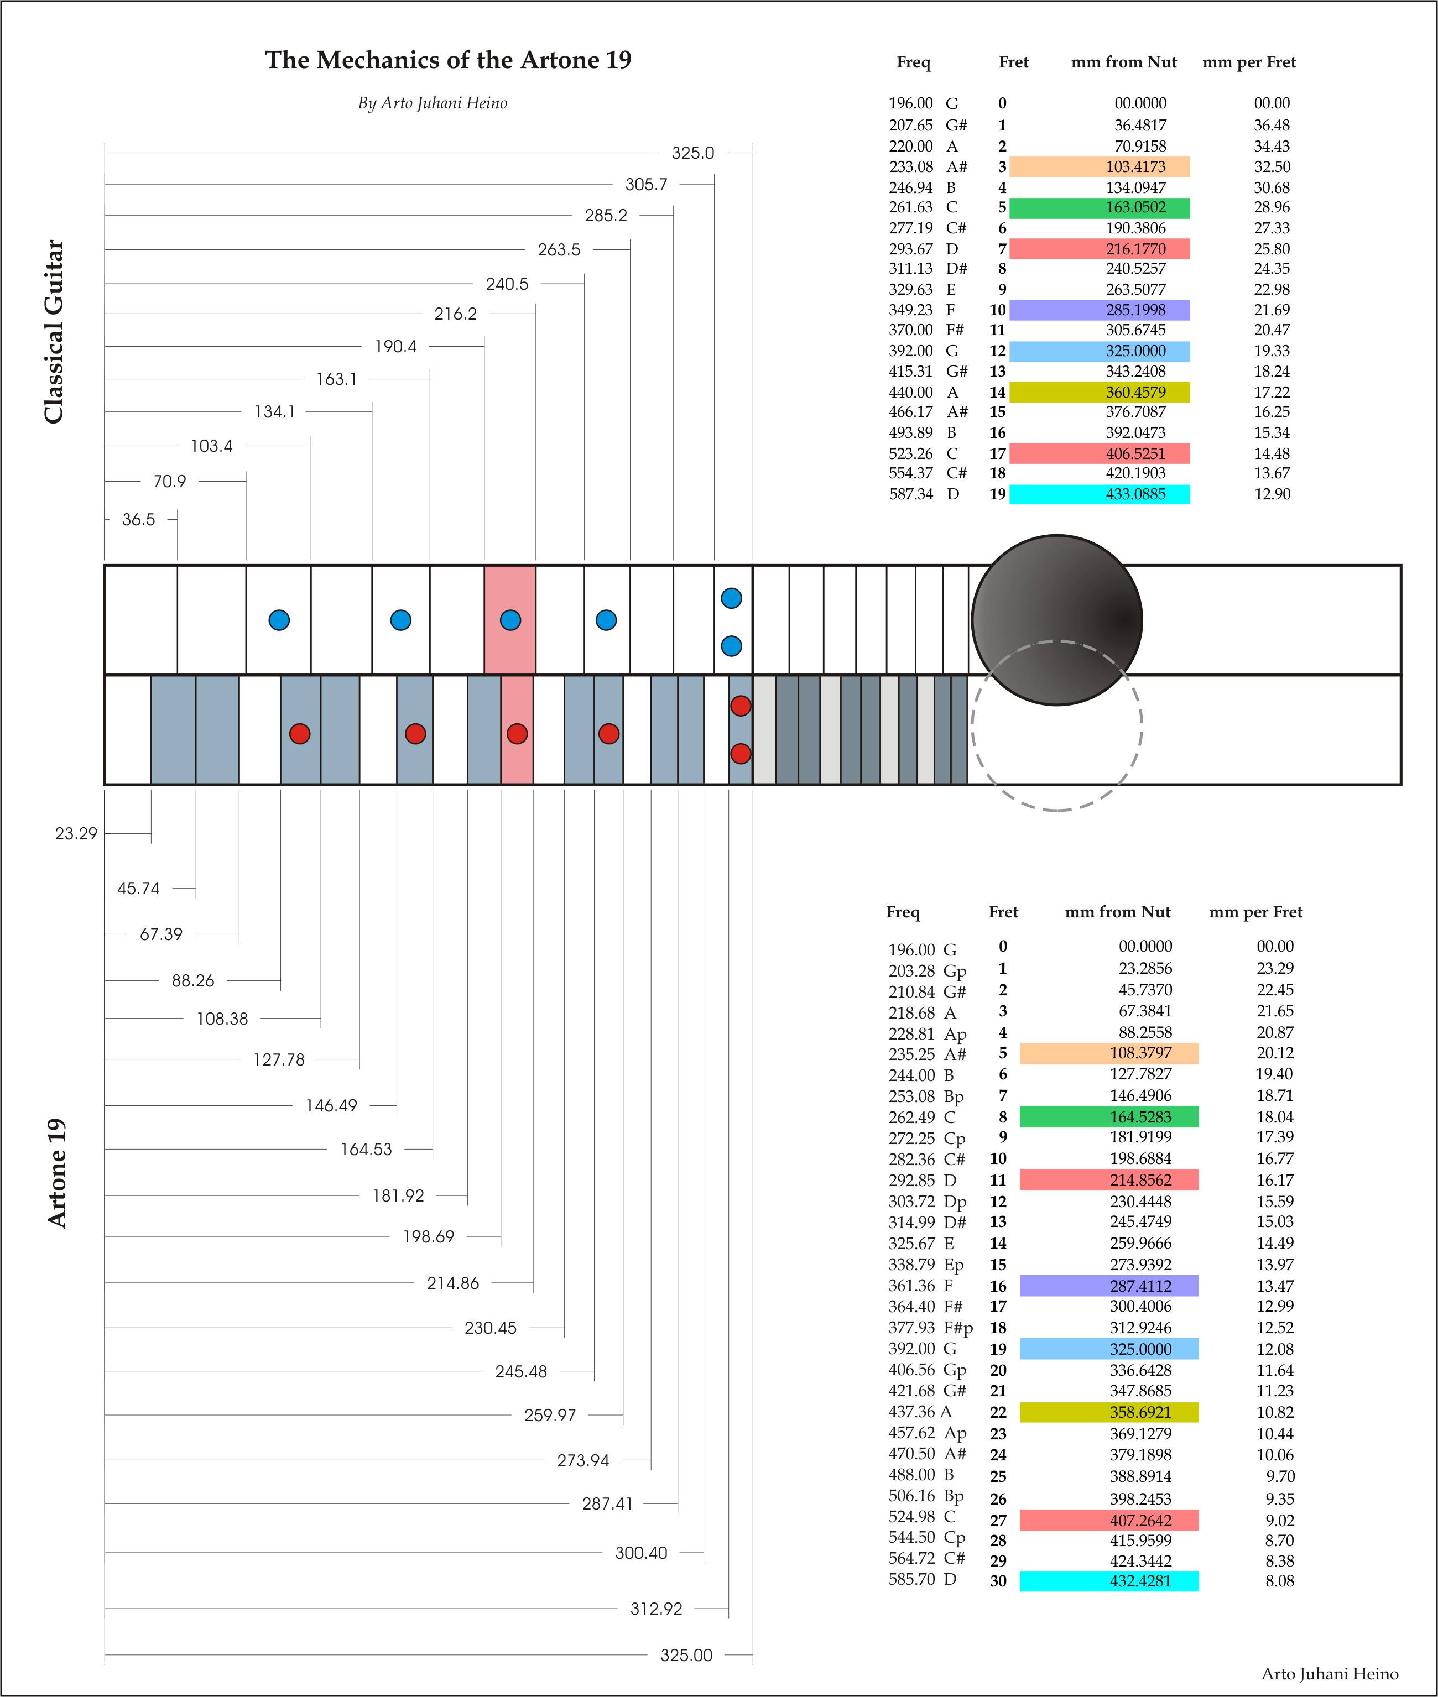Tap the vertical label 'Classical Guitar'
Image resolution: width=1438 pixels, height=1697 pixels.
click(54, 331)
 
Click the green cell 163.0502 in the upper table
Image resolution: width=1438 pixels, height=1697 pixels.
click(1099, 208)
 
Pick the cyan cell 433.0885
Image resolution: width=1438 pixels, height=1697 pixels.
click(1099, 494)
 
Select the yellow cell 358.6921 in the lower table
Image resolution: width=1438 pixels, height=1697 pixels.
click(1109, 1412)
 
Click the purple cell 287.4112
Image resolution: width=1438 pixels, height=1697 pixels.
click(1109, 1286)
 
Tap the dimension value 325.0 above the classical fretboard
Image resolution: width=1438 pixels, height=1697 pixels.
click(692, 153)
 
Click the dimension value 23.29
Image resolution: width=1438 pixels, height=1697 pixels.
click(76, 833)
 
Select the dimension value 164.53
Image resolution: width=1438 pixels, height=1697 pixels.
click(366, 1149)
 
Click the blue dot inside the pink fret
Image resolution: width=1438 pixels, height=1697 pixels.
click(510, 620)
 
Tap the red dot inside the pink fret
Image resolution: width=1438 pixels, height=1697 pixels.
click(517, 734)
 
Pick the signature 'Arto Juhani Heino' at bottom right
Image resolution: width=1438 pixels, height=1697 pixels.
click(1330, 1673)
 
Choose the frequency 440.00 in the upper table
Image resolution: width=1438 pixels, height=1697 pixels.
click(910, 392)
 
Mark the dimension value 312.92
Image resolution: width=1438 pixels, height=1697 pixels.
click(657, 1608)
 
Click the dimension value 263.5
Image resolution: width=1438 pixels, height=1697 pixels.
click(559, 249)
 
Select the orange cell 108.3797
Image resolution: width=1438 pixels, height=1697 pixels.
click(1109, 1053)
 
